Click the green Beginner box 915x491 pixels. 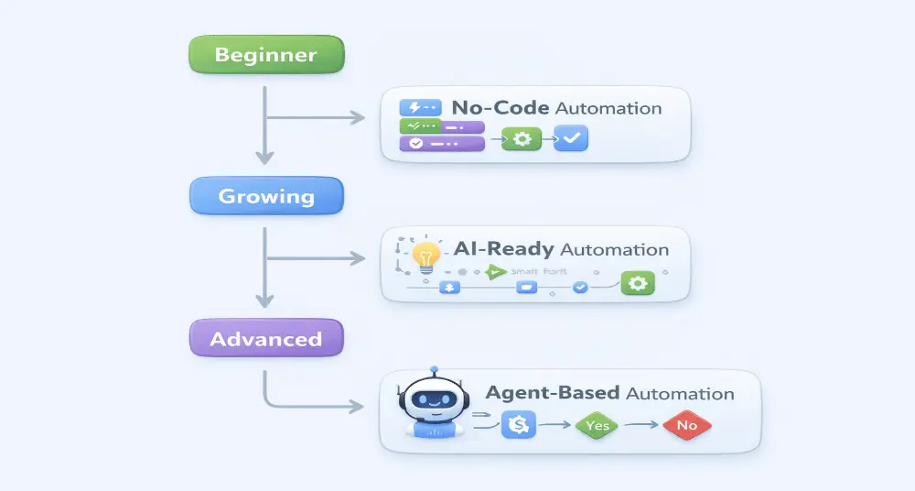coord(265,54)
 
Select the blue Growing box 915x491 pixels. coord(265,196)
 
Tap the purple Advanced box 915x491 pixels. coord(265,339)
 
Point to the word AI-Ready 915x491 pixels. coord(503,249)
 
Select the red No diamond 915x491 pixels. coord(686,425)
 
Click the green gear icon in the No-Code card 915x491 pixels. coord(522,139)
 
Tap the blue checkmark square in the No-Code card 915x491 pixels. coord(572,139)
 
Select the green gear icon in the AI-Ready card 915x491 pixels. coord(638,283)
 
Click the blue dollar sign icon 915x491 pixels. coord(518,424)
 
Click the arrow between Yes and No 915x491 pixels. coord(644,425)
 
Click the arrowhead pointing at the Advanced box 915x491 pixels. coord(264,301)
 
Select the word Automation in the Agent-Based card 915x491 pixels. coord(680,394)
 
